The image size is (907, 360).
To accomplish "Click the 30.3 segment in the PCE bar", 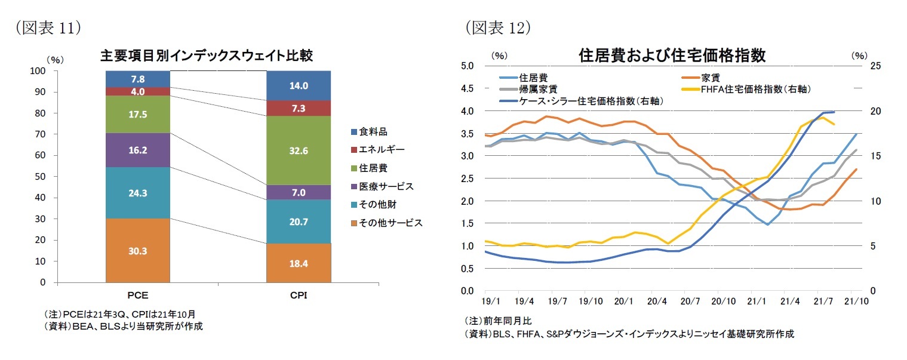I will [x=137, y=251].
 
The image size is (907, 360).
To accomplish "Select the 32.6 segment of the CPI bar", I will [x=298, y=150].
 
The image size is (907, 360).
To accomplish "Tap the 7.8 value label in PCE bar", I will [x=137, y=79].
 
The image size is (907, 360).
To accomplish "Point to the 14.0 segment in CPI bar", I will [x=298, y=85].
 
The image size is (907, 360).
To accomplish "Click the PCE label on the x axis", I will [x=138, y=295].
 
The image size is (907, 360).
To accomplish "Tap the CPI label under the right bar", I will [x=298, y=295].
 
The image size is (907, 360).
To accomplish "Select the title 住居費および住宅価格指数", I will [x=672, y=56].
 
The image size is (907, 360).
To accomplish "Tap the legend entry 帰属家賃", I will [x=534, y=89].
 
